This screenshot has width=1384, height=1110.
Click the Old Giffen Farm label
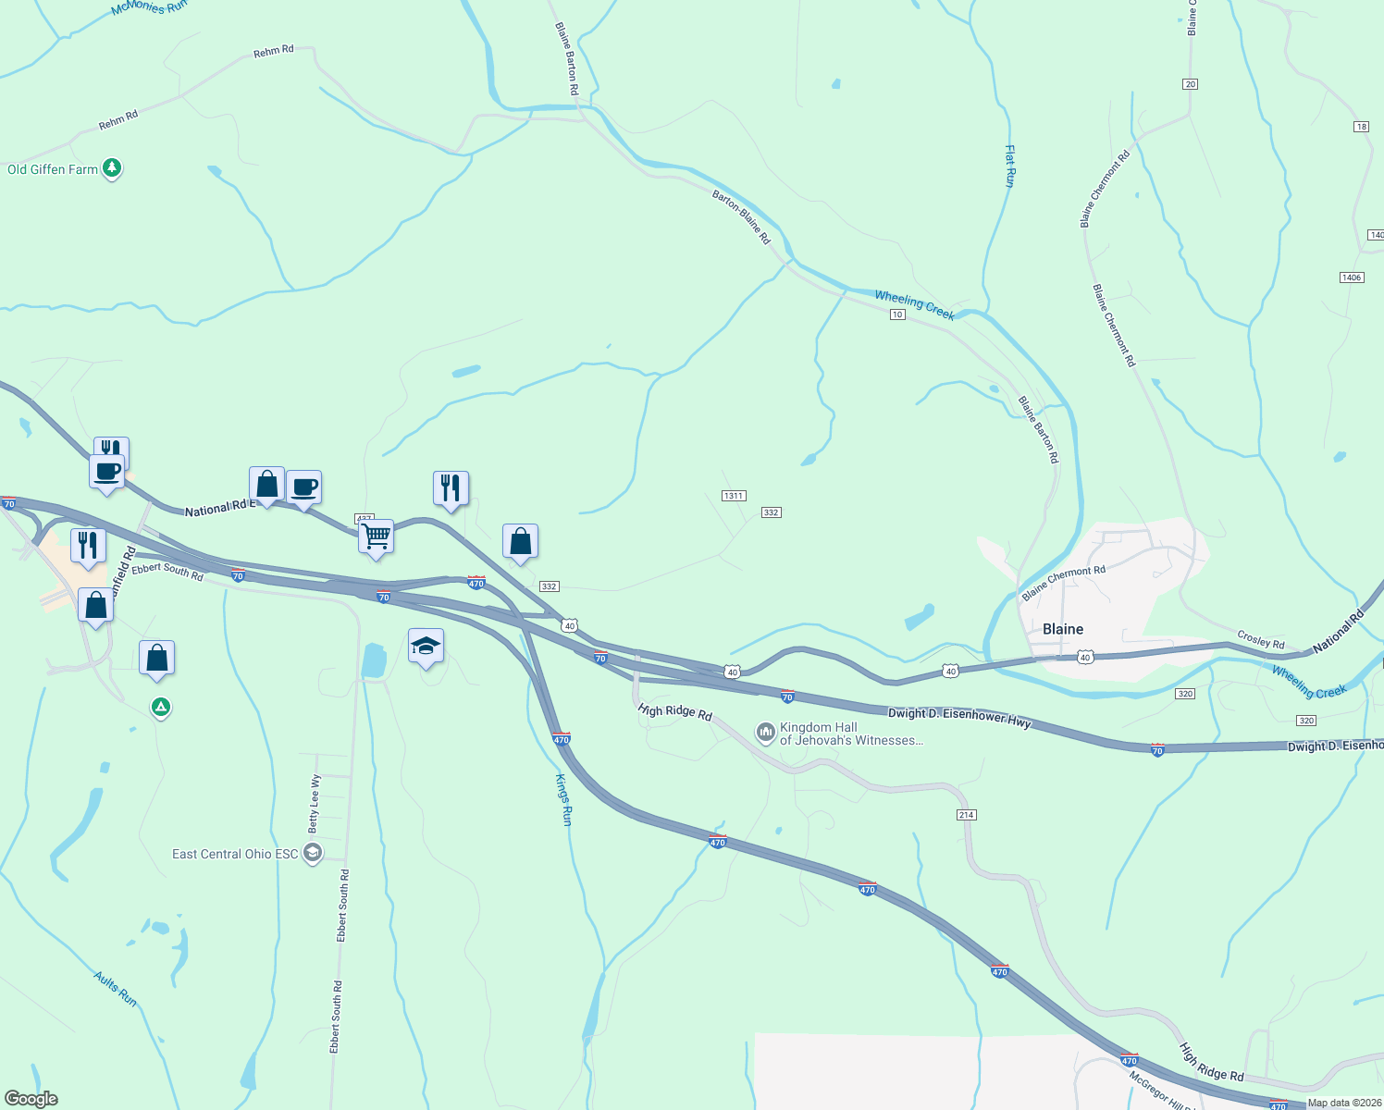53,169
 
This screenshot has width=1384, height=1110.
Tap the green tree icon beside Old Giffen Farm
112,168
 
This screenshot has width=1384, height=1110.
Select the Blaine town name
1063,629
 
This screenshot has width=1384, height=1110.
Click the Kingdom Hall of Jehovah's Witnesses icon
765,733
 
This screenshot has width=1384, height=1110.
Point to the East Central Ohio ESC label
235,854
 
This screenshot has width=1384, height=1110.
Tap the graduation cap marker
426,646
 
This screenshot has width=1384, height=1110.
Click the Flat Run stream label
1010,166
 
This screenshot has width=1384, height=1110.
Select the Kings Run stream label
564,799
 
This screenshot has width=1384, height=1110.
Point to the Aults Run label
116,989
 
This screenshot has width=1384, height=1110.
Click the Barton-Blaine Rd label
741,217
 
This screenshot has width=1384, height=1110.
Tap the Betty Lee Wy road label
315,802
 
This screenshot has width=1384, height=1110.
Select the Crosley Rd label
1261,640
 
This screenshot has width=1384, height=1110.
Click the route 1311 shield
734,496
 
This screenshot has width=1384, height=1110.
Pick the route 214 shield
967,815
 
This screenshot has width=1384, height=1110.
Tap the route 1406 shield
1351,277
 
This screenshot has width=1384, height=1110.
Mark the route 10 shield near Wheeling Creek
897,314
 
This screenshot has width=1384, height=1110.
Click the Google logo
31,1099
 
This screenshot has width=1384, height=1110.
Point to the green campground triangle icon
161,708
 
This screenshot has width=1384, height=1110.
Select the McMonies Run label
149,7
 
